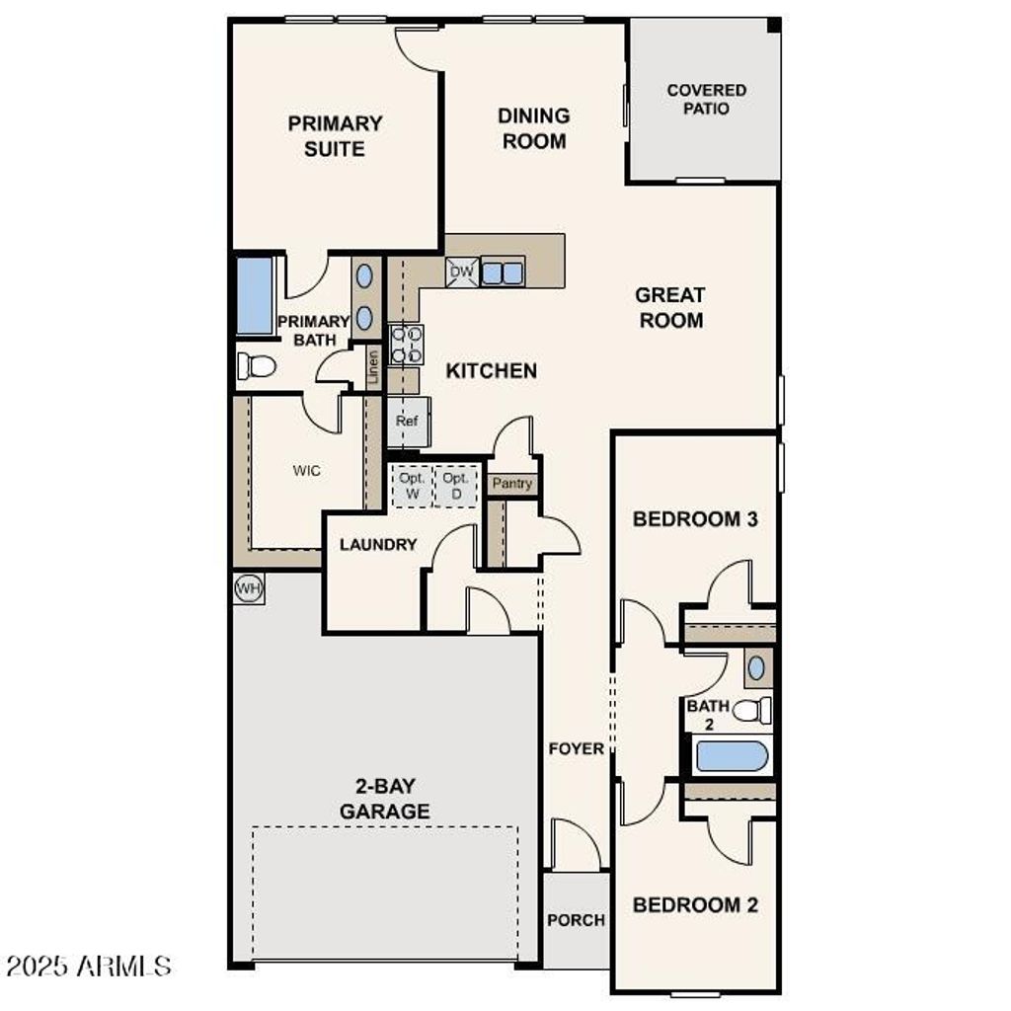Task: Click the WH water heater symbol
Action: click(x=249, y=589)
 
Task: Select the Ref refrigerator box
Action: click(x=407, y=421)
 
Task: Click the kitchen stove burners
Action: click(x=406, y=345)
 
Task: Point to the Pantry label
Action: click(x=512, y=484)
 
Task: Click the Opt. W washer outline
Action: click(x=412, y=486)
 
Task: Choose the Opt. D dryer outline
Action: click(x=455, y=486)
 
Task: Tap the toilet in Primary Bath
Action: click(x=256, y=366)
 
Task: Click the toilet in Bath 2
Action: click(x=753, y=709)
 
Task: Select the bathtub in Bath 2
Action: click(x=732, y=757)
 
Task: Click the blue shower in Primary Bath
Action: click(x=255, y=295)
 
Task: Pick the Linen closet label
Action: click(x=373, y=367)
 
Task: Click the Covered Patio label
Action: click(x=706, y=99)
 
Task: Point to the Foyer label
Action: click(x=576, y=748)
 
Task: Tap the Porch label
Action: click(x=576, y=919)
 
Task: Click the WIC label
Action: click(x=306, y=471)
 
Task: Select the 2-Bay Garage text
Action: click(x=384, y=799)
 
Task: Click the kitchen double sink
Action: click(x=503, y=271)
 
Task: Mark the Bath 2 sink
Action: click(x=756, y=667)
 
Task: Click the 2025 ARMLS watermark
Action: click(x=89, y=965)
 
